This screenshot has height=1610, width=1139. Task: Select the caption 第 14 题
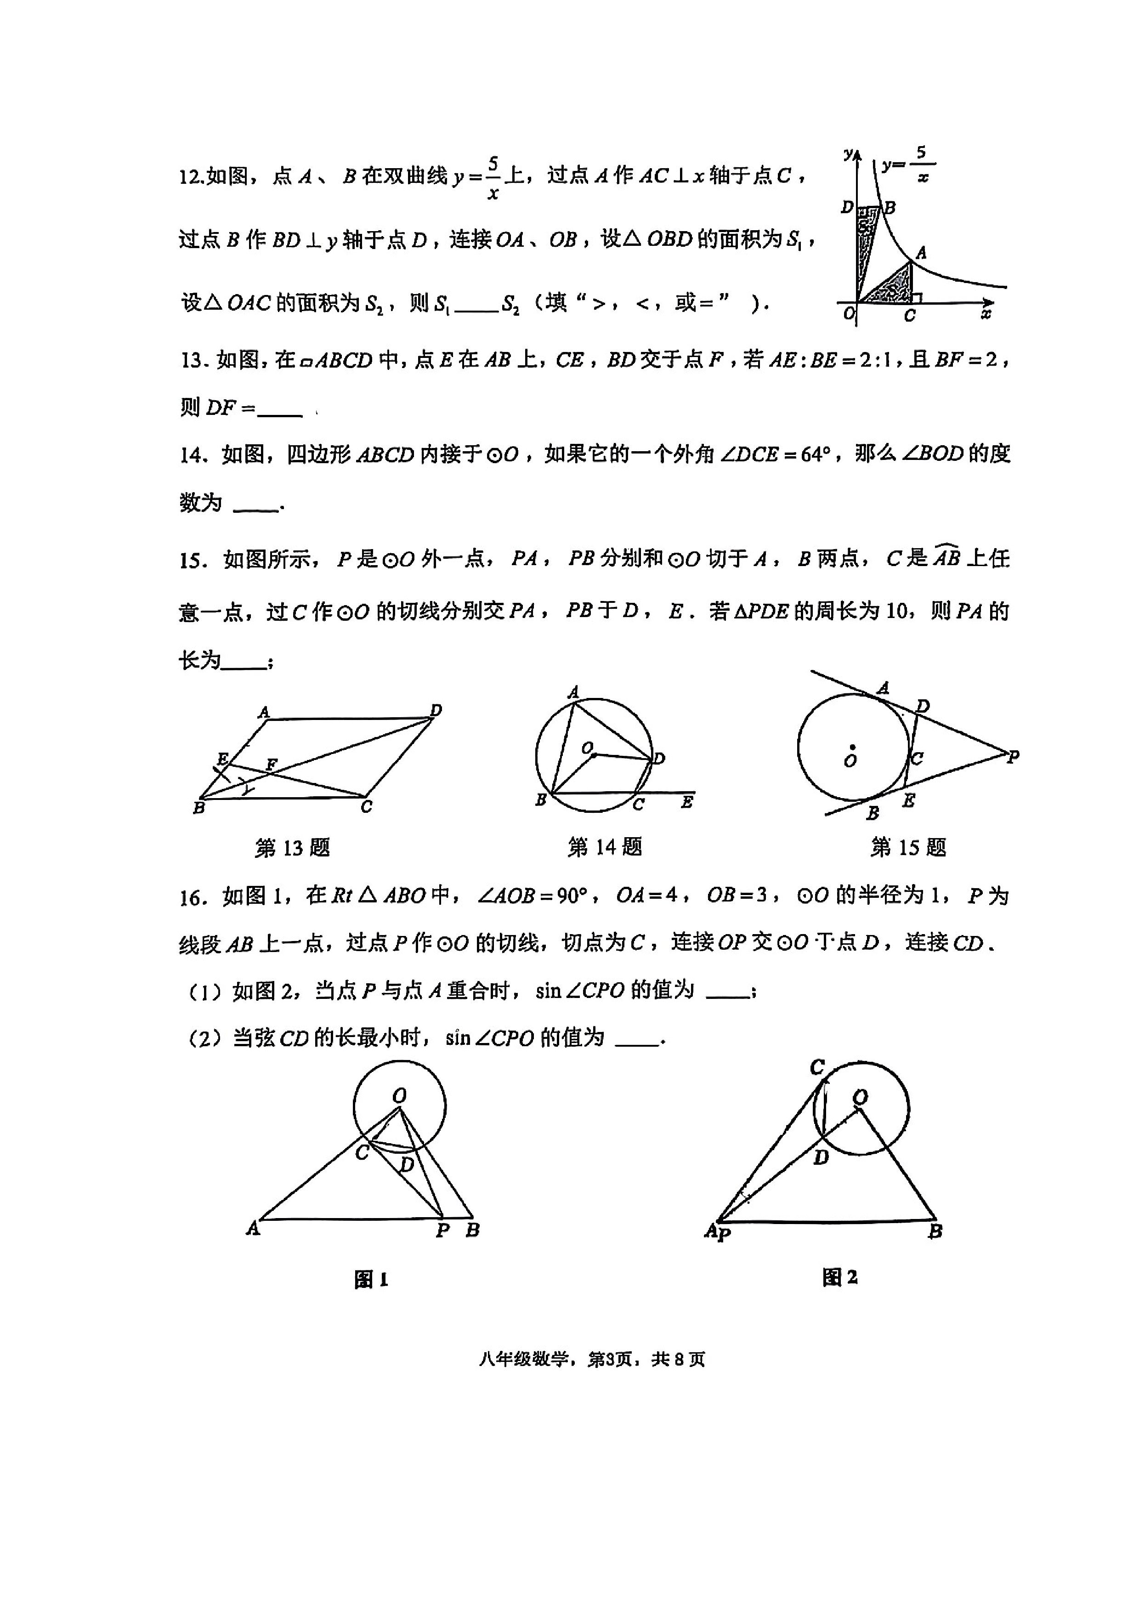click(605, 847)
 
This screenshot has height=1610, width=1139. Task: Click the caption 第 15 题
click(908, 848)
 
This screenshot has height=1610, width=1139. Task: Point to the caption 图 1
click(371, 1280)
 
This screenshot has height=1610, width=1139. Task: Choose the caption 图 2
click(839, 1277)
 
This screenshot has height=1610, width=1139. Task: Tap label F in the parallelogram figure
click(272, 764)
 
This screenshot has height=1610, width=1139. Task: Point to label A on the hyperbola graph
click(922, 252)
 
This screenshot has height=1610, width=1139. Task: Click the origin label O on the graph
click(849, 313)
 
